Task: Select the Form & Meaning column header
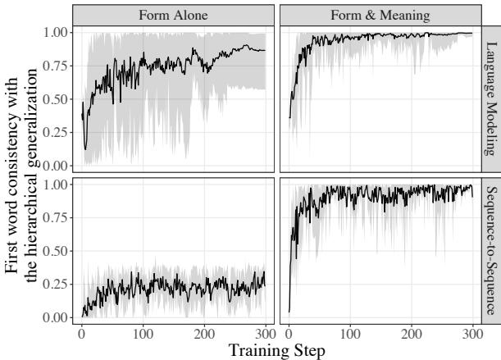(380, 15)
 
